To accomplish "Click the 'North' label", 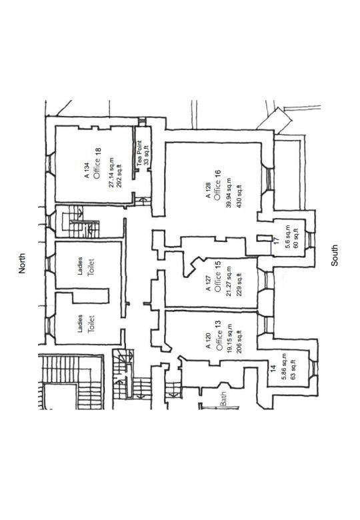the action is [22, 263].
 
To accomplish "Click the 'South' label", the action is [335, 255].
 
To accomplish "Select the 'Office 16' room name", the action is [217, 185].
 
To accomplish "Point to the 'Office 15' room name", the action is [217, 276].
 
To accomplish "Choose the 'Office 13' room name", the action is [219, 335].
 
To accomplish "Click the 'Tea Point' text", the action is [139, 153].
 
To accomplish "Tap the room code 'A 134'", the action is [87, 171].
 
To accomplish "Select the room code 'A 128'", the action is [208, 191].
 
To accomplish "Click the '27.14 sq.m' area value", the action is [111, 173].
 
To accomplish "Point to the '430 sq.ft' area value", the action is [239, 195].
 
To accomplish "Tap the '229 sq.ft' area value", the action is [239, 285].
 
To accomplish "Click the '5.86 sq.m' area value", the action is [284, 367].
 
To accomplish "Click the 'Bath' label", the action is [224, 398].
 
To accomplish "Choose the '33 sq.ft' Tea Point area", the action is [147, 155].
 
